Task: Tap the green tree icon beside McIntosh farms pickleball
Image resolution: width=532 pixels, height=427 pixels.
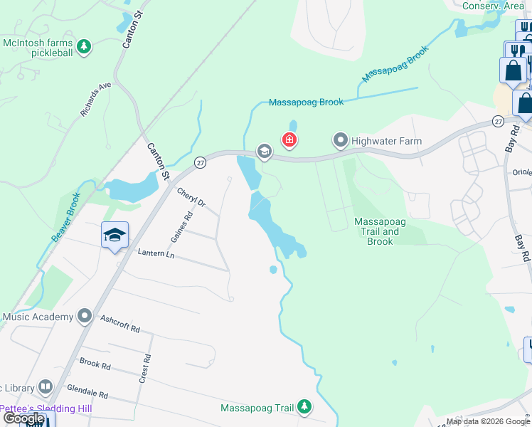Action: pyautogui.click(x=84, y=47)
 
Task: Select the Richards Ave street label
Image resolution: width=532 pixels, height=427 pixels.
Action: pyautogui.click(x=96, y=99)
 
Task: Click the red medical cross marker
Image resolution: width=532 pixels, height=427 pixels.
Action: pyautogui.click(x=289, y=139)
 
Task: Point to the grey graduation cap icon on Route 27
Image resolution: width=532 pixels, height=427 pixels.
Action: pyautogui.click(x=264, y=151)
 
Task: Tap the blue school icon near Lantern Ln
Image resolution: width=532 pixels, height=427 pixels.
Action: pyautogui.click(x=114, y=237)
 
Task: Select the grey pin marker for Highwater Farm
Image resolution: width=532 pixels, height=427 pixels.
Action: pyautogui.click(x=341, y=140)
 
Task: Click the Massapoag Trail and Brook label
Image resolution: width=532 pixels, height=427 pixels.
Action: pyautogui.click(x=380, y=231)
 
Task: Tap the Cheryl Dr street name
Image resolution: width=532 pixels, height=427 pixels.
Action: pyautogui.click(x=191, y=197)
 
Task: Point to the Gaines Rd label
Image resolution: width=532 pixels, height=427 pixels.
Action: pyautogui.click(x=182, y=226)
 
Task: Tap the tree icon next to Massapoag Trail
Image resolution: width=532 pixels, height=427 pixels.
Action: pyautogui.click(x=304, y=406)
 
